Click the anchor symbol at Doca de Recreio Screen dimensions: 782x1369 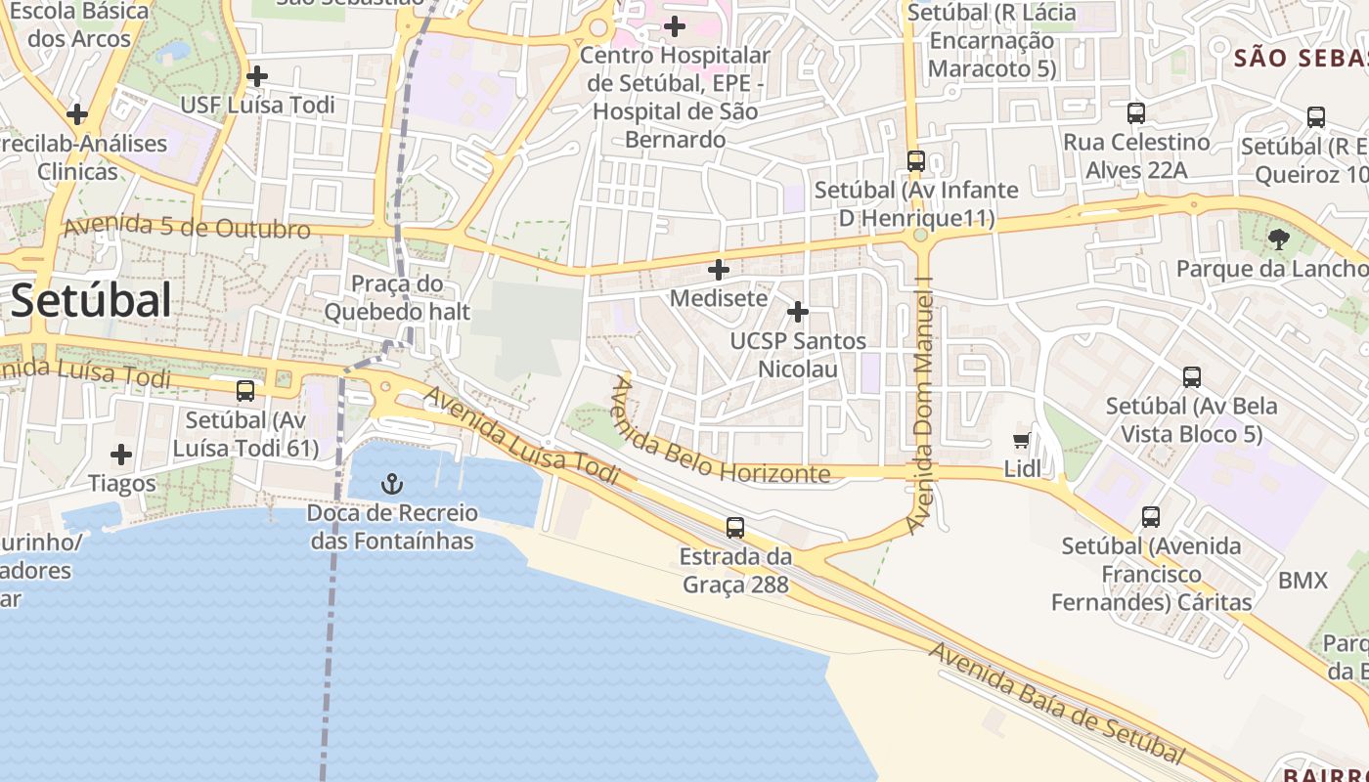click(x=392, y=483)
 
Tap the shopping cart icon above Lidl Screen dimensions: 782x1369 click(x=1022, y=441)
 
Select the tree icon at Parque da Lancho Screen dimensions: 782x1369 click(x=1278, y=239)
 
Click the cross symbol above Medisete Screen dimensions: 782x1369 click(x=719, y=270)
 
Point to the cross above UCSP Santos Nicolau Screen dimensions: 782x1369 click(x=798, y=312)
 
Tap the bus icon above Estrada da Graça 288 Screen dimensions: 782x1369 click(x=735, y=528)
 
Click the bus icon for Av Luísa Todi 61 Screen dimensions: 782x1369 click(x=245, y=391)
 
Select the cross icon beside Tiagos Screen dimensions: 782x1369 click(x=121, y=455)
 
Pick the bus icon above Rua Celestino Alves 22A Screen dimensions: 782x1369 click(x=1135, y=113)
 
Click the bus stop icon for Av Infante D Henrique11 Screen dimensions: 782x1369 click(x=916, y=161)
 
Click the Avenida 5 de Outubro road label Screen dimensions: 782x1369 click(x=187, y=228)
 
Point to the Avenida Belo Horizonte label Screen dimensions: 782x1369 click(x=719, y=436)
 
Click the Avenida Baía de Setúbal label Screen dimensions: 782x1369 click(x=1057, y=704)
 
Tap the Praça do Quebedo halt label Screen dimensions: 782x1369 click(x=397, y=298)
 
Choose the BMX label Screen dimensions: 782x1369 click(x=1303, y=582)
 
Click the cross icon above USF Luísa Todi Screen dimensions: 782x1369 click(x=257, y=75)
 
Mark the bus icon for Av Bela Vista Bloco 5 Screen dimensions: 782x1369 click(x=1191, y=377)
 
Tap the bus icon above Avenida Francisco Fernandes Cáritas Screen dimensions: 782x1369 click(x=1151, y=517)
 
